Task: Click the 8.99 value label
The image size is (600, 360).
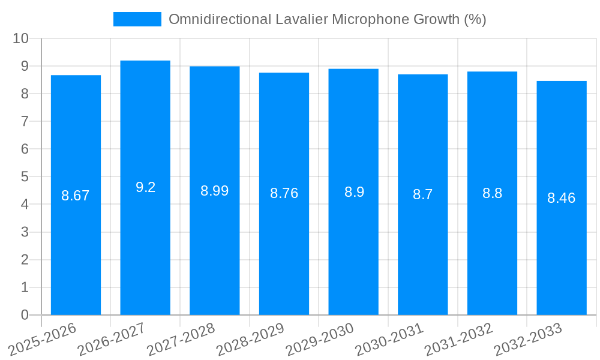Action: pyautogui.click(x=214, y=191)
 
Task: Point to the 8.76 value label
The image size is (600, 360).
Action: pyautogui.click(x=284, y=193)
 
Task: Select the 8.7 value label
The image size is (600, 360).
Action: pyautogui.click(x=423, y=194)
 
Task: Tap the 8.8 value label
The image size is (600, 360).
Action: pyautogui.click(x=492, y=193)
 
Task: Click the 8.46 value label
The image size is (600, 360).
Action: pyautogui.click(x=562, y=198)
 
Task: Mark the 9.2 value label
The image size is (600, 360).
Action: pyautogui.click(x=145, y=187)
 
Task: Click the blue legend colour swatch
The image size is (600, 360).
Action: pyautogui.click(x=137, y=19)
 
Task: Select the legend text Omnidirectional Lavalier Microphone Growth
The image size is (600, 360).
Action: pyautogui.click(x=327, y=19)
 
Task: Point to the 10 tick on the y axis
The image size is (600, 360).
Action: pyautogui.click(x=21, y=38)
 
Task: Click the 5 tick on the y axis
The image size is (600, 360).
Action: pyautogui.click(x=25, y=176)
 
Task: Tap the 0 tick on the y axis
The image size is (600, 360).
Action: pyautogui.click(x=25, y=315)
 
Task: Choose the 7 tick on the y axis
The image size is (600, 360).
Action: pyautogui.click(x=25, y=121)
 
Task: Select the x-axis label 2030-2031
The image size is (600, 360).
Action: pyautogui.click(x=389, y=340)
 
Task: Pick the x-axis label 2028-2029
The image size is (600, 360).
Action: pyautogui.click(x=250, y=340)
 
